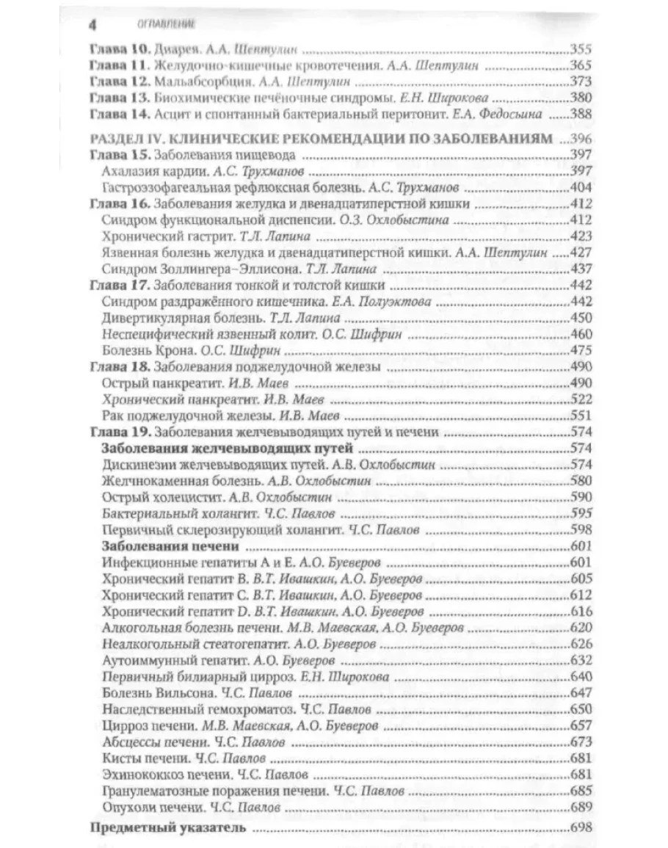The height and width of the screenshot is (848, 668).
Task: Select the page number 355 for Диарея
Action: click(x=580, y=51)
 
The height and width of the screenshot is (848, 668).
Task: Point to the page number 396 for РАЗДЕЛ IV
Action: click(x=579, y=139)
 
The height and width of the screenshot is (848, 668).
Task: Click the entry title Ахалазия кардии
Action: click(x=149, y=170)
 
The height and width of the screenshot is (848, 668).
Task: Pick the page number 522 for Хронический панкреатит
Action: click(x=580, y=399)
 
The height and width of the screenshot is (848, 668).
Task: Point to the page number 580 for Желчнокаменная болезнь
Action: click(x=580, y=482)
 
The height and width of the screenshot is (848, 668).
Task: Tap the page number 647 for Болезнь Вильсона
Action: click(x=580, y=692)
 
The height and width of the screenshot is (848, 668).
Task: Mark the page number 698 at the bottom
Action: click(x=580, y=829)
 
